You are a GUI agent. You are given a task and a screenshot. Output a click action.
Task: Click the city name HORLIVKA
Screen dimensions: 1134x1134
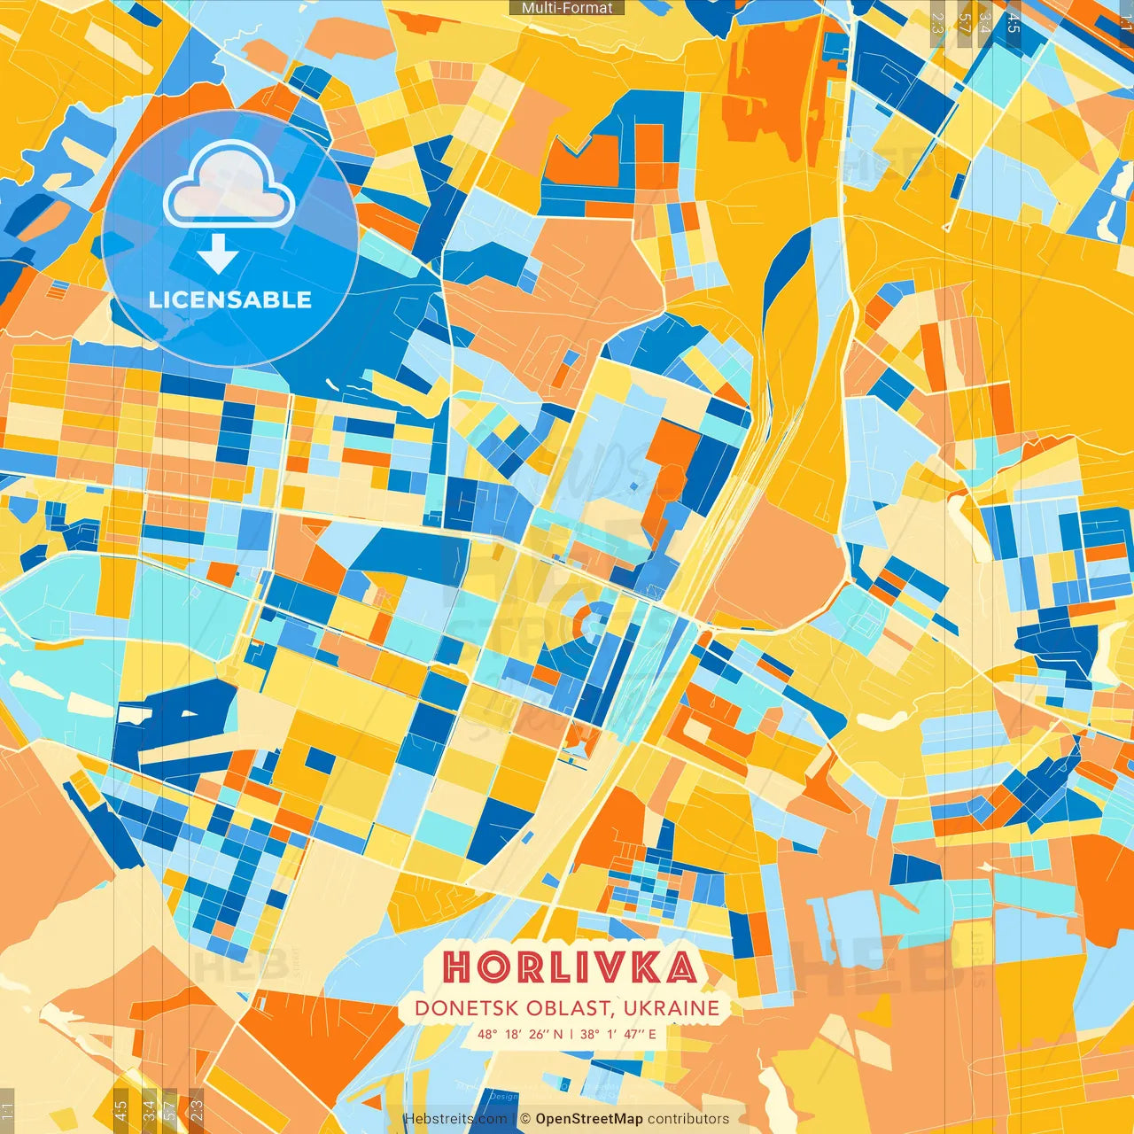pos(569,967)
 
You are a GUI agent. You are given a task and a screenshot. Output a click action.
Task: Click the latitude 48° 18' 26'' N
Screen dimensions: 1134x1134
pos(519,1034)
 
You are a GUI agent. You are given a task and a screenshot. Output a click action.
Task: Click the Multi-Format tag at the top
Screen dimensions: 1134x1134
pos(567,8)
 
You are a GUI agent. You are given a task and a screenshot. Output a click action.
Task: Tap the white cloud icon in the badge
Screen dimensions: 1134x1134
pos(229,186)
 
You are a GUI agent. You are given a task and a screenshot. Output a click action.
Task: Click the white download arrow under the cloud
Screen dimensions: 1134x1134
pos(217,254)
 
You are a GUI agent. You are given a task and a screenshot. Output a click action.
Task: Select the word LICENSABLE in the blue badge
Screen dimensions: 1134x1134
pos(229,299)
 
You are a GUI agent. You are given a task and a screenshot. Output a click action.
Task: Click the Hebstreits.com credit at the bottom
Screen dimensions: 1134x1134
pos(455,1119)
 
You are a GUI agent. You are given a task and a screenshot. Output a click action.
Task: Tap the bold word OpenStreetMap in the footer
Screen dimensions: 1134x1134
pos(589,1119)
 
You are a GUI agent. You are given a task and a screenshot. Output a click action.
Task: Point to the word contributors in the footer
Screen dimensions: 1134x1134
pos(688,1119)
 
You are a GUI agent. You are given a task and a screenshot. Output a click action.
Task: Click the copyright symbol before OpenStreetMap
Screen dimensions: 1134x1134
pos(525,1119)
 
